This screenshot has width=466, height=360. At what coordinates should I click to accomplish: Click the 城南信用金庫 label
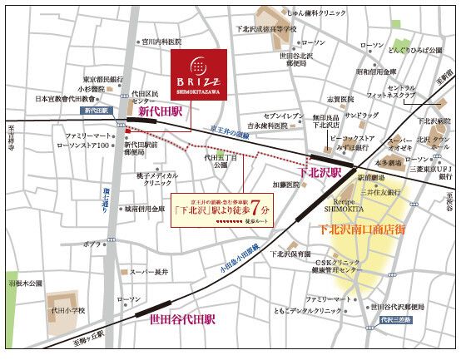tap(152, 209)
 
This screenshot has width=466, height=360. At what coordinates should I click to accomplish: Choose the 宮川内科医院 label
tap(161, 40)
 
